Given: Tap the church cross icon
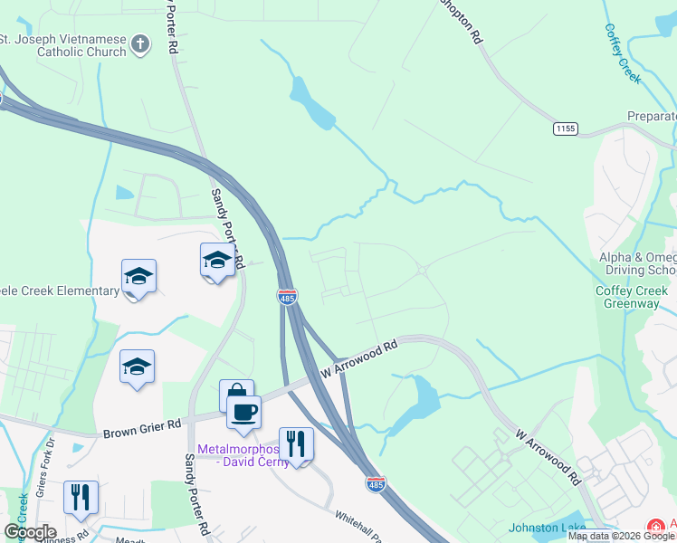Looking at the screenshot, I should point(140,43).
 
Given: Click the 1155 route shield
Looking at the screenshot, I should point(566,129).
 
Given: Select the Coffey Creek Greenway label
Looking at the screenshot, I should point(634,297).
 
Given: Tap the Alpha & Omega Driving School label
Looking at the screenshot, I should point(637,264).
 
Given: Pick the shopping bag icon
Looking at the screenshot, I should point(236,394).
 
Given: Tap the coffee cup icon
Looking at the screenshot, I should point(243,412).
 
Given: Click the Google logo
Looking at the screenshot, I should point(30,532).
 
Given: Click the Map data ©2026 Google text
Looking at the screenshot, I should point(621,537).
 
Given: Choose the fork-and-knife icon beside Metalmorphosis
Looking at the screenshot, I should point(296,443).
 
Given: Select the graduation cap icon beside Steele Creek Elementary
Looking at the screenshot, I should point(138,275).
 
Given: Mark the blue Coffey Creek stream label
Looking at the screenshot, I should point(622,52).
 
